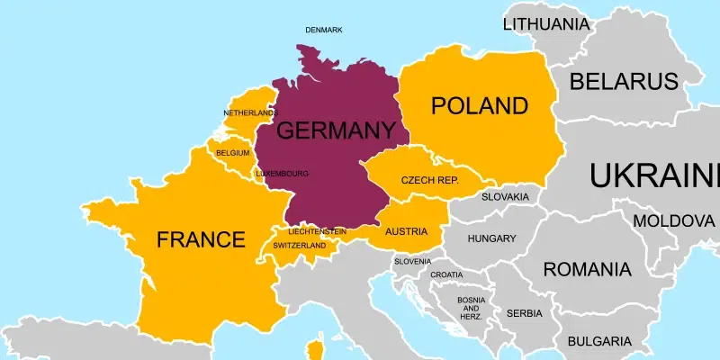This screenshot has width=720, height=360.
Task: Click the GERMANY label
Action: (x=329, y=130)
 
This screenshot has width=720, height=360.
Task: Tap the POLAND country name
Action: (x=479, y=106)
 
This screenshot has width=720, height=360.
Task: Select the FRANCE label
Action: (x=201, y=239)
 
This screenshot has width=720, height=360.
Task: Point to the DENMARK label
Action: (x=324, y=30)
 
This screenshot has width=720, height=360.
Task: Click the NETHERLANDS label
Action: (x=250, y=112)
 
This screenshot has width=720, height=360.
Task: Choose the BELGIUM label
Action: (x=232, y=153)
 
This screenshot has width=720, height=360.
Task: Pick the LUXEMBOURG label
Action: (x=282, y=173)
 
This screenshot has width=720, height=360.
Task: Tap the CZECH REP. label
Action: (x=429, y=180)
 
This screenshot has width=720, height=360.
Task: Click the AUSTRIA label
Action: (x=406, y=231)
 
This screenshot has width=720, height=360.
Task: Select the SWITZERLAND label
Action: (x=299, y=245)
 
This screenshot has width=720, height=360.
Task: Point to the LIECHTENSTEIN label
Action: (x=318, y=231)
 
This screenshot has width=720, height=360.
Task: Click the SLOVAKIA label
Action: (x=505, y=196)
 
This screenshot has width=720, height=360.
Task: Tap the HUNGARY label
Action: (x=491, y=238)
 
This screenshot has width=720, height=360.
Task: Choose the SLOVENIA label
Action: (x=412, y=261)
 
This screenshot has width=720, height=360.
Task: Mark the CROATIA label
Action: (x=446, y=274)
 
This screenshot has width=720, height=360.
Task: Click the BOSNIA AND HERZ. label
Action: (x=471, y=308)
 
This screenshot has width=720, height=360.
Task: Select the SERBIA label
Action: (x=525, y=313)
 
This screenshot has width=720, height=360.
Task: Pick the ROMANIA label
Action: (x=587, y=268)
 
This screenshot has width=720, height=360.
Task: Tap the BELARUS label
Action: (x=625, y=83)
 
